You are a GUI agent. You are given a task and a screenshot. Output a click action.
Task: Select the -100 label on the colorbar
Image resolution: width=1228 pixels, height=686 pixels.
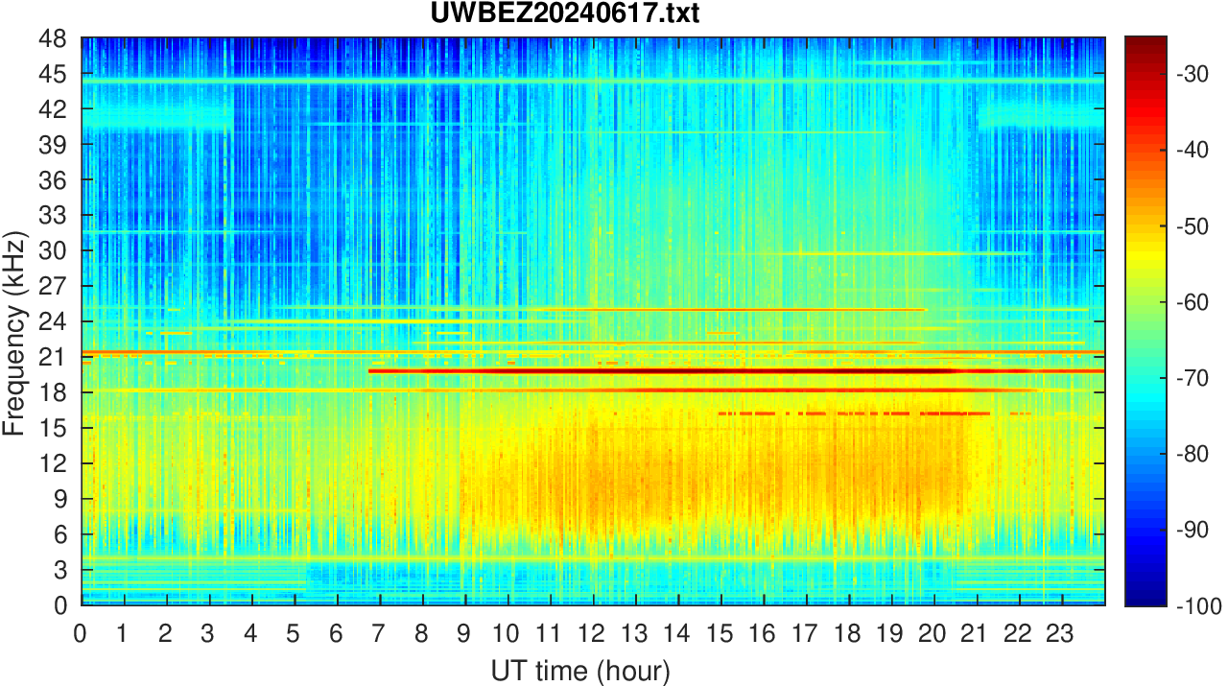pos(1196,605)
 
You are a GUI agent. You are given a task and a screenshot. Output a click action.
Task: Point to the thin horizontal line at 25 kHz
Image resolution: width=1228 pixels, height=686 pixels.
pos(576,309)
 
